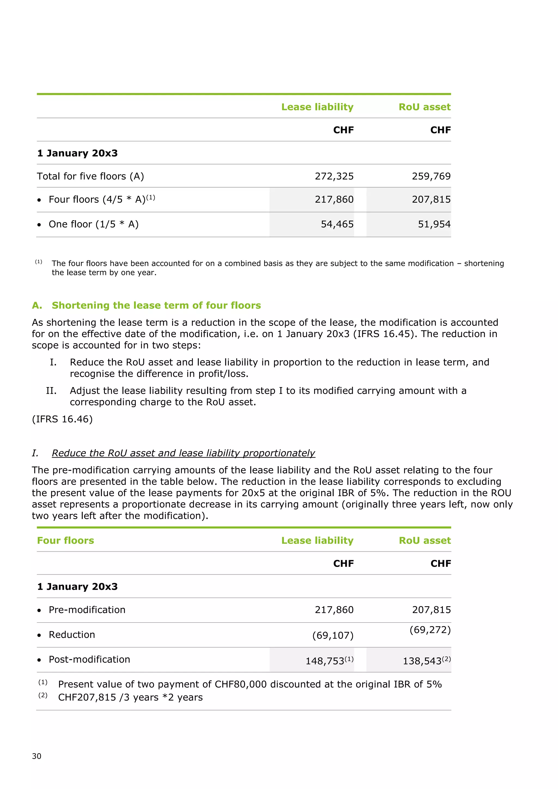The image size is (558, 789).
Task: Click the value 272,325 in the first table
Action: coord(334,176)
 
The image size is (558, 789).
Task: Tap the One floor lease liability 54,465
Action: coord(337,224)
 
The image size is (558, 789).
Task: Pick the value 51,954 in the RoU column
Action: coord(434,224)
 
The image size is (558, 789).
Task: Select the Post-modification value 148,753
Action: coord(325,661)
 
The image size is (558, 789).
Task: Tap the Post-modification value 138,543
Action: coord(422,661)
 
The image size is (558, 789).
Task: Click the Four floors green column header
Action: coord(65,541)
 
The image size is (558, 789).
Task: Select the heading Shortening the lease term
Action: coord(156,305)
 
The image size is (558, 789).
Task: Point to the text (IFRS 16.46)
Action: coord(62,419)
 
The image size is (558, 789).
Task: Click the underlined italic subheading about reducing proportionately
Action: coord(183,453)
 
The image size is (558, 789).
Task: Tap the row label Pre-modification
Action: coord(87,610)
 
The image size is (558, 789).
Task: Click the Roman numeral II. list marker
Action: coord(51,391)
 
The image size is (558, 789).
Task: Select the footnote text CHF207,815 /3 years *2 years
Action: coord(130,697)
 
